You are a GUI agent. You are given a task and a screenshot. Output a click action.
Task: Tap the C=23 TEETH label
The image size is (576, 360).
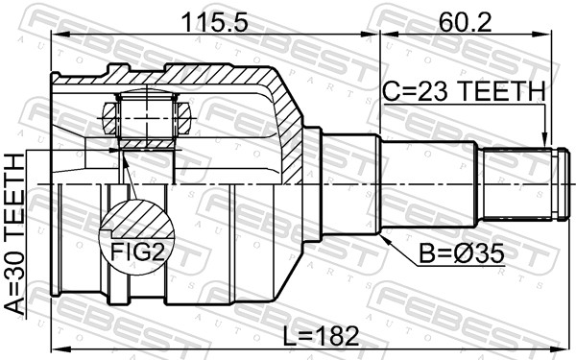click(464, 91)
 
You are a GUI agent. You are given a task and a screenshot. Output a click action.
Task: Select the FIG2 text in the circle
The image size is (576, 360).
click(134, 251)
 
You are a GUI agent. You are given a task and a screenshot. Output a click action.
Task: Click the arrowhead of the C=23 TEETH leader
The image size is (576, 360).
click(544, 140)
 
